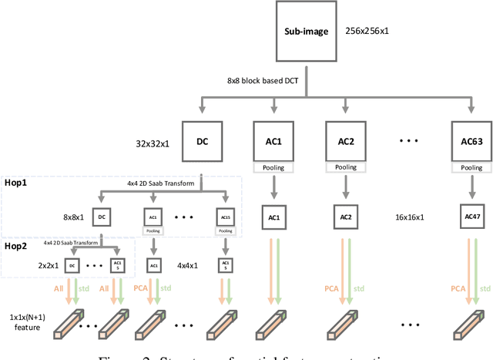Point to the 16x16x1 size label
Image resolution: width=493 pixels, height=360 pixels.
(407, 218)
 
